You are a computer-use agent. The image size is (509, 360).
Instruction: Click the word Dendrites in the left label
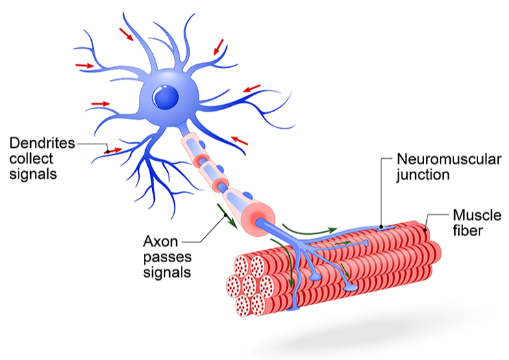pyautogui.click(x=40, y=144)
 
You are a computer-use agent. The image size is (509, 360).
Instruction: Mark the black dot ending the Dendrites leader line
pyautogui.click(x=106, y=151)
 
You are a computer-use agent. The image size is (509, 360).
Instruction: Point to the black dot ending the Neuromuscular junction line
pyautogui.click(x=380, y=224)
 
